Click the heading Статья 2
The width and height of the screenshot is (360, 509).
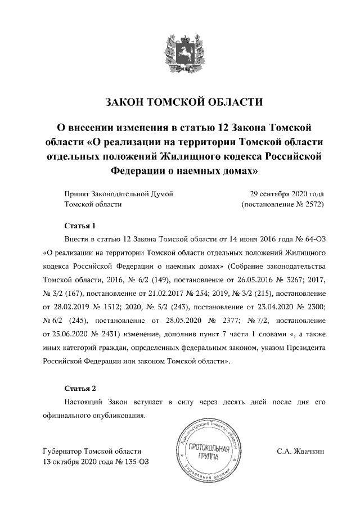[x=80, y=389]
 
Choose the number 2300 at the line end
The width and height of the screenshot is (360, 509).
[x=314, y=304]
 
